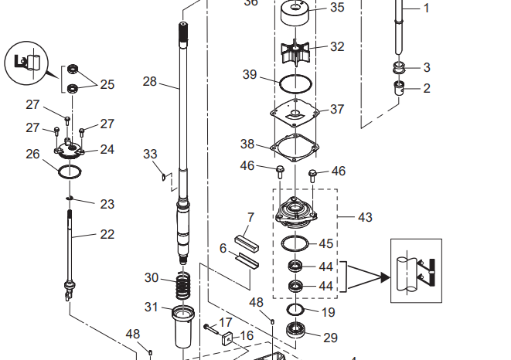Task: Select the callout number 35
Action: click(x=337, y=8)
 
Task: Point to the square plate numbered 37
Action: click(x=295, y=111)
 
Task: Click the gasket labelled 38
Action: click(x=295, y=146)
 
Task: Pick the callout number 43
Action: click(x=365, y=217)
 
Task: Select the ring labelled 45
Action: click(x=295, y=244)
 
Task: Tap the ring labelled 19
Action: click(x=295, y=310)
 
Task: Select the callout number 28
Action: click(x=150, y=80)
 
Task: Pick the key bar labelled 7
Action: click(x=246, y=243)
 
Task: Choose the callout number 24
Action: click(x=107, y=149)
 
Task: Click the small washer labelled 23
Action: click(x=69, y=199)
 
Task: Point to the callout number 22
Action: click(x=107, y=234)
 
